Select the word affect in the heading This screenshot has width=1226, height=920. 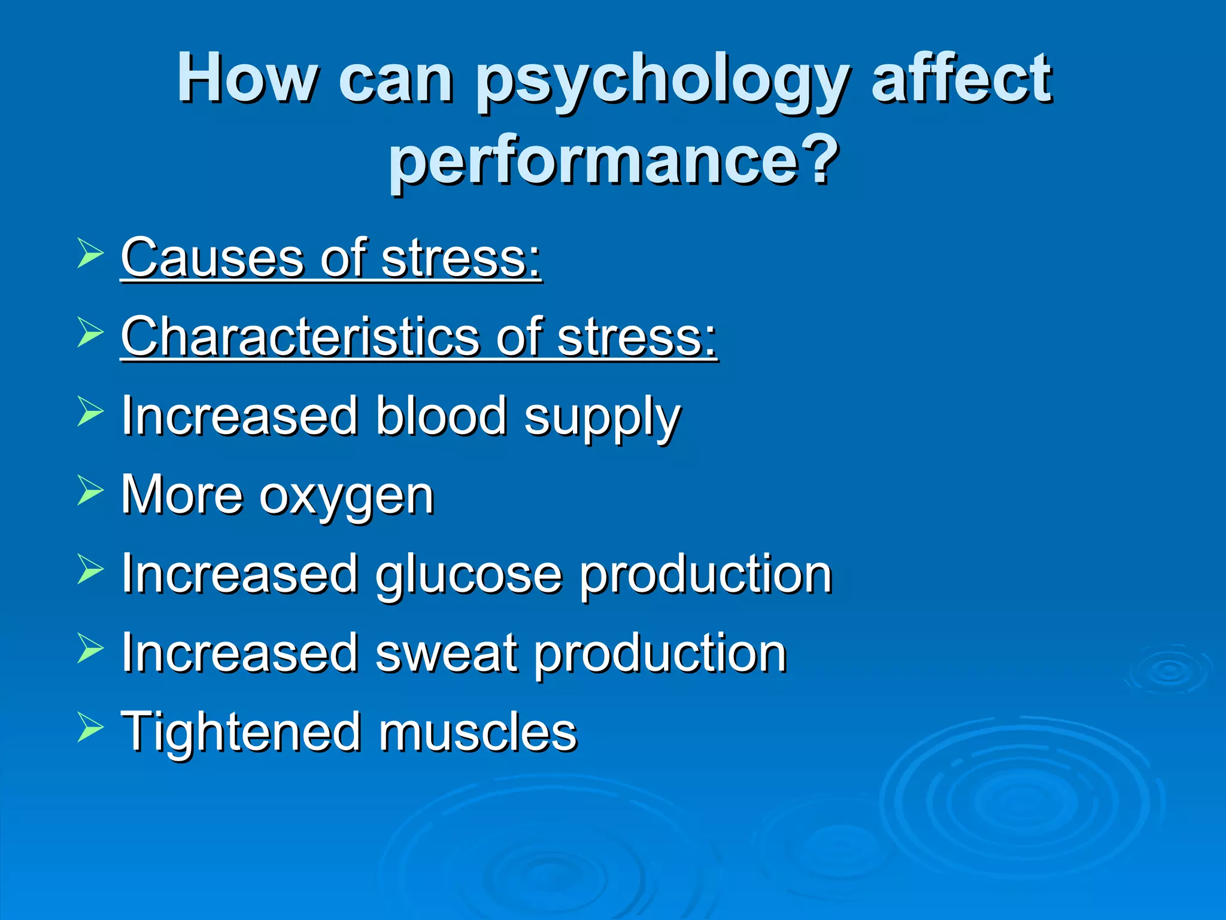[x=961, y=78]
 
